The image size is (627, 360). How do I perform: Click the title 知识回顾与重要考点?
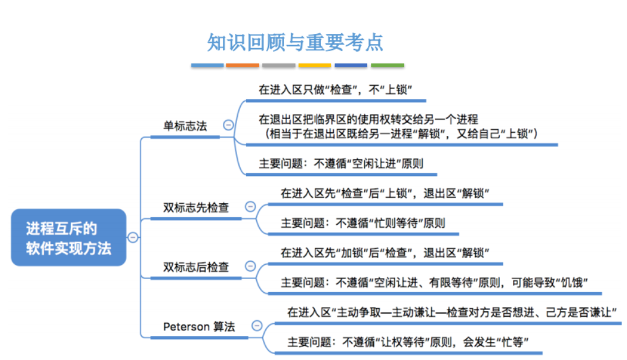tap(295, 43)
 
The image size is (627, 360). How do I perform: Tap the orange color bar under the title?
tap(243, 65)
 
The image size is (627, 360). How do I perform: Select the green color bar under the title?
tap(387, 65)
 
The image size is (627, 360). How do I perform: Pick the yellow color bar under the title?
tap(315, 65)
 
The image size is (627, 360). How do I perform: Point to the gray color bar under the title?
tap(278, 65)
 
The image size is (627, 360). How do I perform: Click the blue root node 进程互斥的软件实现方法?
tap(69, 238)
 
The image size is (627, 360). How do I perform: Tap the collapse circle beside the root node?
tap(132, 238)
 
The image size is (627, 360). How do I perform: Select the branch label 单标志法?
tap(185, 126)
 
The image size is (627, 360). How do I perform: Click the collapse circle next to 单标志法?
tap(228, 125)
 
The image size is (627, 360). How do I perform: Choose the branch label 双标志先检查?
tap(196, 207)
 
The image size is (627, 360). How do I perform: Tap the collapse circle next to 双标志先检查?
tap(250, 207)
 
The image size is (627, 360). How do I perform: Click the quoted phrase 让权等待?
tap(402, 342)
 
